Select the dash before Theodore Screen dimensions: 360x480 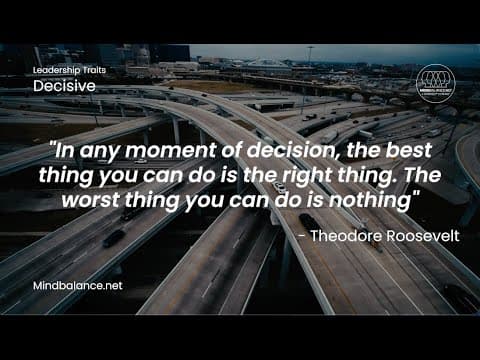[301, 235]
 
